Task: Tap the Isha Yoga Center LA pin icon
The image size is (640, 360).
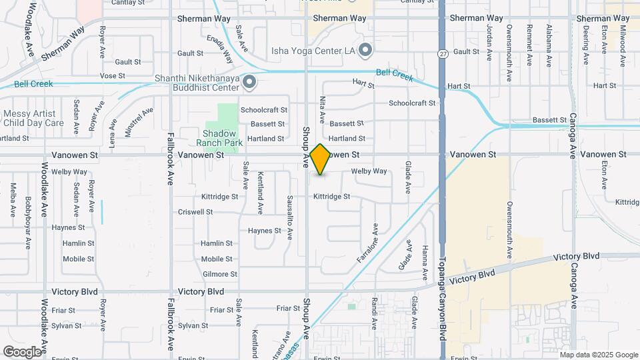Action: click(365, 50)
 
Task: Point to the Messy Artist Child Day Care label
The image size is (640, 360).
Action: click(33, 118)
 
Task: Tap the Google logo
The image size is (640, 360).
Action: click(22, 351)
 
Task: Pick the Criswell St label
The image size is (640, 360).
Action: click(195, 212)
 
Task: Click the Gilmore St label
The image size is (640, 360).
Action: click(219, 274)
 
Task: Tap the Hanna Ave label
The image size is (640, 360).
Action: click(425, 261)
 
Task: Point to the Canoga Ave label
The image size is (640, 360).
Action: click(572, 135)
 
